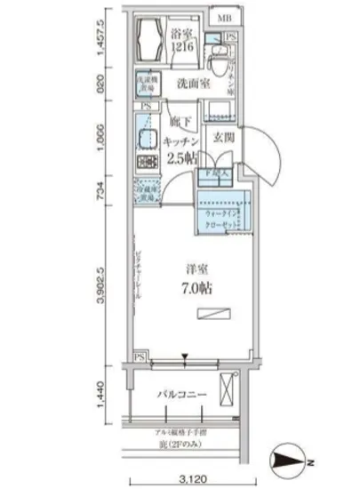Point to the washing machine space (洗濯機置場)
[x=146, y=82]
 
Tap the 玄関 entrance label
[x=222, y=137]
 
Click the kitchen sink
[x=145, y=140]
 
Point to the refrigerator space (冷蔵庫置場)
[x=146, y=191]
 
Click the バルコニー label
[x=184, y=393]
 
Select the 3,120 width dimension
[x=184, y=475]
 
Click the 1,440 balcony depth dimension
[x=104, y=394]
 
